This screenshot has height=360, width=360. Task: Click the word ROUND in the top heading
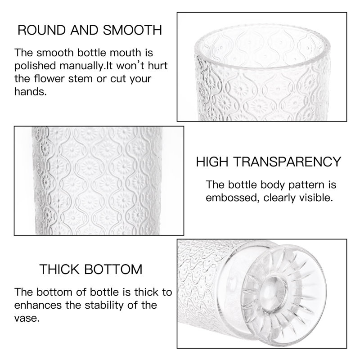point(41,30)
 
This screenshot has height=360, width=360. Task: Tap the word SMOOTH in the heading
point(132,30)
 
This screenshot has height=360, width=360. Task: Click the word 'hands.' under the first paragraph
point(30,92)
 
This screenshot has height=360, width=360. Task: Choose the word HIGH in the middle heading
point(212,162)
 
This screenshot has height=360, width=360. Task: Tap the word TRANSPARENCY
point(287,162)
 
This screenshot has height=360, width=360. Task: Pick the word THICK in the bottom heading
point(59,269)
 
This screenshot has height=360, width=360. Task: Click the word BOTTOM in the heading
point(113,269)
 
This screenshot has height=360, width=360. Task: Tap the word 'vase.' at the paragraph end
point(27,319)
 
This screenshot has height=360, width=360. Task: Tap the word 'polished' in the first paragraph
point(35,66)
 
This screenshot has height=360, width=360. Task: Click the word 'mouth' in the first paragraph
point(126,53)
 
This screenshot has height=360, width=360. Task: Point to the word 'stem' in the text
point(81,79)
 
